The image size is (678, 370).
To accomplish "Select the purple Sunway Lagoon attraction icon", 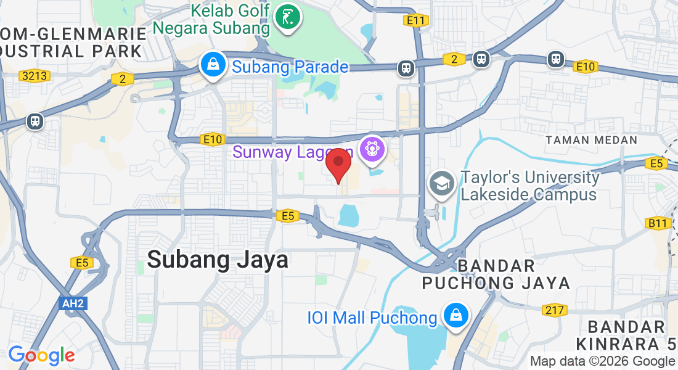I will point(372,150).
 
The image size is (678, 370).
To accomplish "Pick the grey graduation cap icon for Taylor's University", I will point(442,183).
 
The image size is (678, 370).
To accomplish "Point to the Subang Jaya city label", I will point(218,260).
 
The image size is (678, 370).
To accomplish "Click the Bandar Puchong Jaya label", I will point(496,274).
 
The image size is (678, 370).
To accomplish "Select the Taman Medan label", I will point(591,140).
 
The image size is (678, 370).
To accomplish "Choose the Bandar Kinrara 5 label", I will point(626,335).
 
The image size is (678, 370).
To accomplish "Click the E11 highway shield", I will point(416,20).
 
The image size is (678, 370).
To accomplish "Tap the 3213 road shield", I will point(35,76).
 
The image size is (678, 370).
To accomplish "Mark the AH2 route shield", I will point(71,303).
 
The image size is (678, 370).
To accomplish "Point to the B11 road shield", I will point(659,223).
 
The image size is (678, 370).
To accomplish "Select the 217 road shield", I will point(555,310).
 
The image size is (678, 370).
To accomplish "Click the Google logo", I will point(41,355).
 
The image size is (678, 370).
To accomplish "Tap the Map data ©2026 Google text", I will point(602,361).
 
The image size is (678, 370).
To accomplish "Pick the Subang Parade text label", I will point(290,66).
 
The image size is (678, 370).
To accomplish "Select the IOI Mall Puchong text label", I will point(372,318).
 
